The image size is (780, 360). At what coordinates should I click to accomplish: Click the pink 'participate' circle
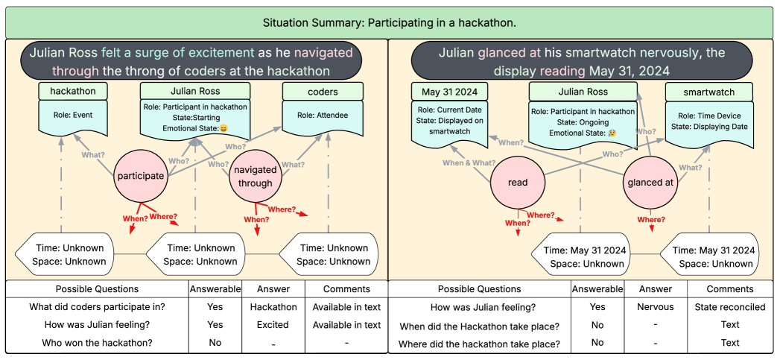pyautogui.click(x=140, y=177)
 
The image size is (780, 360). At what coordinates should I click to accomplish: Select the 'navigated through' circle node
pyautogui.click(x=256, y=177)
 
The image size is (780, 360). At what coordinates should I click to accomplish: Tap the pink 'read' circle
pyautogui.click(x=517, y=183)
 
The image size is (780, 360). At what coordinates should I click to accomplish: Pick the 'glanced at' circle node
pyautogui.click(x=650, y=183)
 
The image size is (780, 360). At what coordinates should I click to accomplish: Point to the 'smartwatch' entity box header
pyautogui.click(x=709, y=92)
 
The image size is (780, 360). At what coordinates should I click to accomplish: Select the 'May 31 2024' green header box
pyautogui.click(x=449, y=92)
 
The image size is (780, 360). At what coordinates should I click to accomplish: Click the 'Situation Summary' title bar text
pyautogui.click(x=390, y=23)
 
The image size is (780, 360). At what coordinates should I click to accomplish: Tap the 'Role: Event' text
pyautogui.click(x=73, y=116)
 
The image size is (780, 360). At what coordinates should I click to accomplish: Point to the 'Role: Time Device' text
pyautogui.click(x=709, y=116)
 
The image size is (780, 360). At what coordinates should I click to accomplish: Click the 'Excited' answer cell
pyautogui.click(x=273, y=325)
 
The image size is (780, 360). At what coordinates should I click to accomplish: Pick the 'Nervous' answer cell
pyautogui.click(x=656, y=307)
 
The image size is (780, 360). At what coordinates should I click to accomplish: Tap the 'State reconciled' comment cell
pyautogui.click(x=729, y=307)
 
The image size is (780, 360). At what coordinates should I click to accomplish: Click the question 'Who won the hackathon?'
pyautogui.click(x=97, y=343)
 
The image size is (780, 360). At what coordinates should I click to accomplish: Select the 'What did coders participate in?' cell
pyautogui.click(x=98, y=307)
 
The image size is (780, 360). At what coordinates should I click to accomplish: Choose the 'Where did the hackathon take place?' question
pyautogui.click(x=480, y=343)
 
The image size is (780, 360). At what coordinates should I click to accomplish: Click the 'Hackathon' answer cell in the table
pyautogui.click(x=273, y=307)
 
